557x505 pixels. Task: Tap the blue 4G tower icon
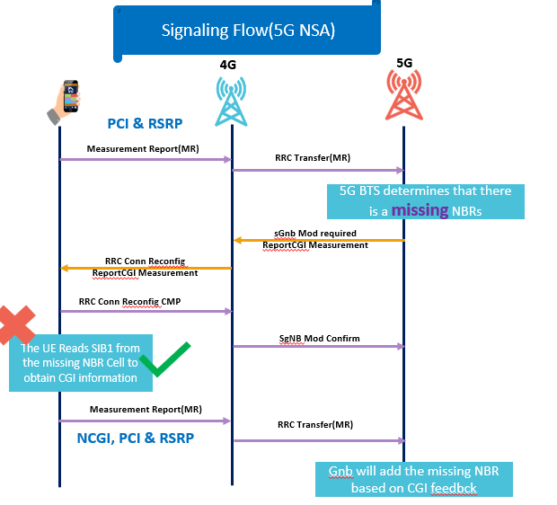[x=232, y=100]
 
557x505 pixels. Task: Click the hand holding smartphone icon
[x=66, y=102]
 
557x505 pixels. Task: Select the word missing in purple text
[x=421, y=208]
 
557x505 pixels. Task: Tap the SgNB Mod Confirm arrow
[x=318, y=347]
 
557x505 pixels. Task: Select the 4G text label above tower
[x=230, y=65]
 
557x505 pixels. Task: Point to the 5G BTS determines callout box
[x=425, y=200]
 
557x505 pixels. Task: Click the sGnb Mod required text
[x=314, y=233]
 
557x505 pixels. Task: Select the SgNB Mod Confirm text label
[x=318, y=339]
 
